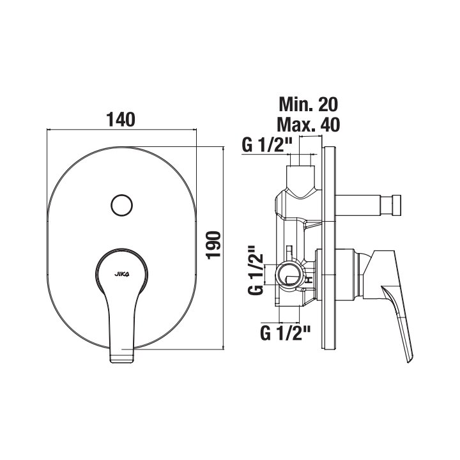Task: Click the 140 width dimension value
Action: pos(121,119)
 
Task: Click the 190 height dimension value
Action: pos(213,245)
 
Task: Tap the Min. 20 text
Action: pos(309,104)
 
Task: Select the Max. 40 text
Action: pos(309,125)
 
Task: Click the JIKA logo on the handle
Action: pos(121,274)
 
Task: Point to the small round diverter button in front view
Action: pos(122,205)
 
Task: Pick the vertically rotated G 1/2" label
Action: pos(256,270)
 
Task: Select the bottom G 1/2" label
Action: pos(285,333)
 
